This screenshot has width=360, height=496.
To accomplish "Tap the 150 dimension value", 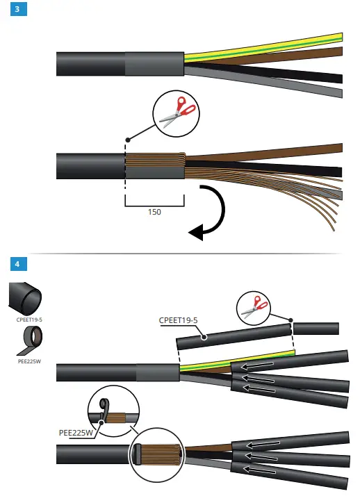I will click(x=154, y=212).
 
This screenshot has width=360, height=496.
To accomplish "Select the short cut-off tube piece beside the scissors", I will click(x=317, y=329).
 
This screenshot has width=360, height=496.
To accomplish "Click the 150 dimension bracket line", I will click(x=154, y=204).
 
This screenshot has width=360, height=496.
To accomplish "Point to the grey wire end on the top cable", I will click(x=334, y=92).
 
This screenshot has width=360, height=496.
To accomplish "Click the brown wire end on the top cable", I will click(x=334, y=53).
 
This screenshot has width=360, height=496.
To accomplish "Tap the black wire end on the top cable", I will click(x=334, y=78).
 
